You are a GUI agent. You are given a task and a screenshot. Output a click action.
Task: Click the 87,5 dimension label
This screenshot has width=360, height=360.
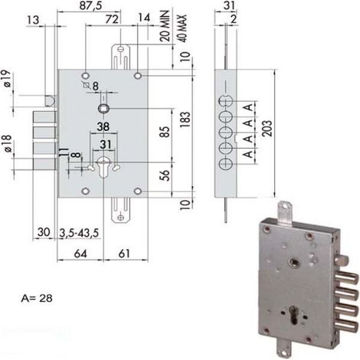pyautogui.click(x=90, y=5)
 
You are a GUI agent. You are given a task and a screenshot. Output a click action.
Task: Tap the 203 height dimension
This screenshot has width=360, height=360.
pyautogui.click(x=267, y=129)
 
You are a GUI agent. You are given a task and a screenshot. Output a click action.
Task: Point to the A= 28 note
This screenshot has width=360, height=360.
pyautogui.click(x=37, y=298)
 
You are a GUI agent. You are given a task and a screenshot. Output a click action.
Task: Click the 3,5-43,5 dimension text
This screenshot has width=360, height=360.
pyautogui.click(x=79, y=233)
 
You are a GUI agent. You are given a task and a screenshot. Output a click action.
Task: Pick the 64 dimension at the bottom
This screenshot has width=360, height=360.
pyautogui.click(x=80, y=254)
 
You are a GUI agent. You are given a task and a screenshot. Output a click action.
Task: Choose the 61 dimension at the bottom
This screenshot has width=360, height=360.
pyautogui.click(x=124, y=254)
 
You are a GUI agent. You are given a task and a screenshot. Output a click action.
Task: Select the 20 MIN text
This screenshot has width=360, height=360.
pyautogui.click(x=165, y=26)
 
